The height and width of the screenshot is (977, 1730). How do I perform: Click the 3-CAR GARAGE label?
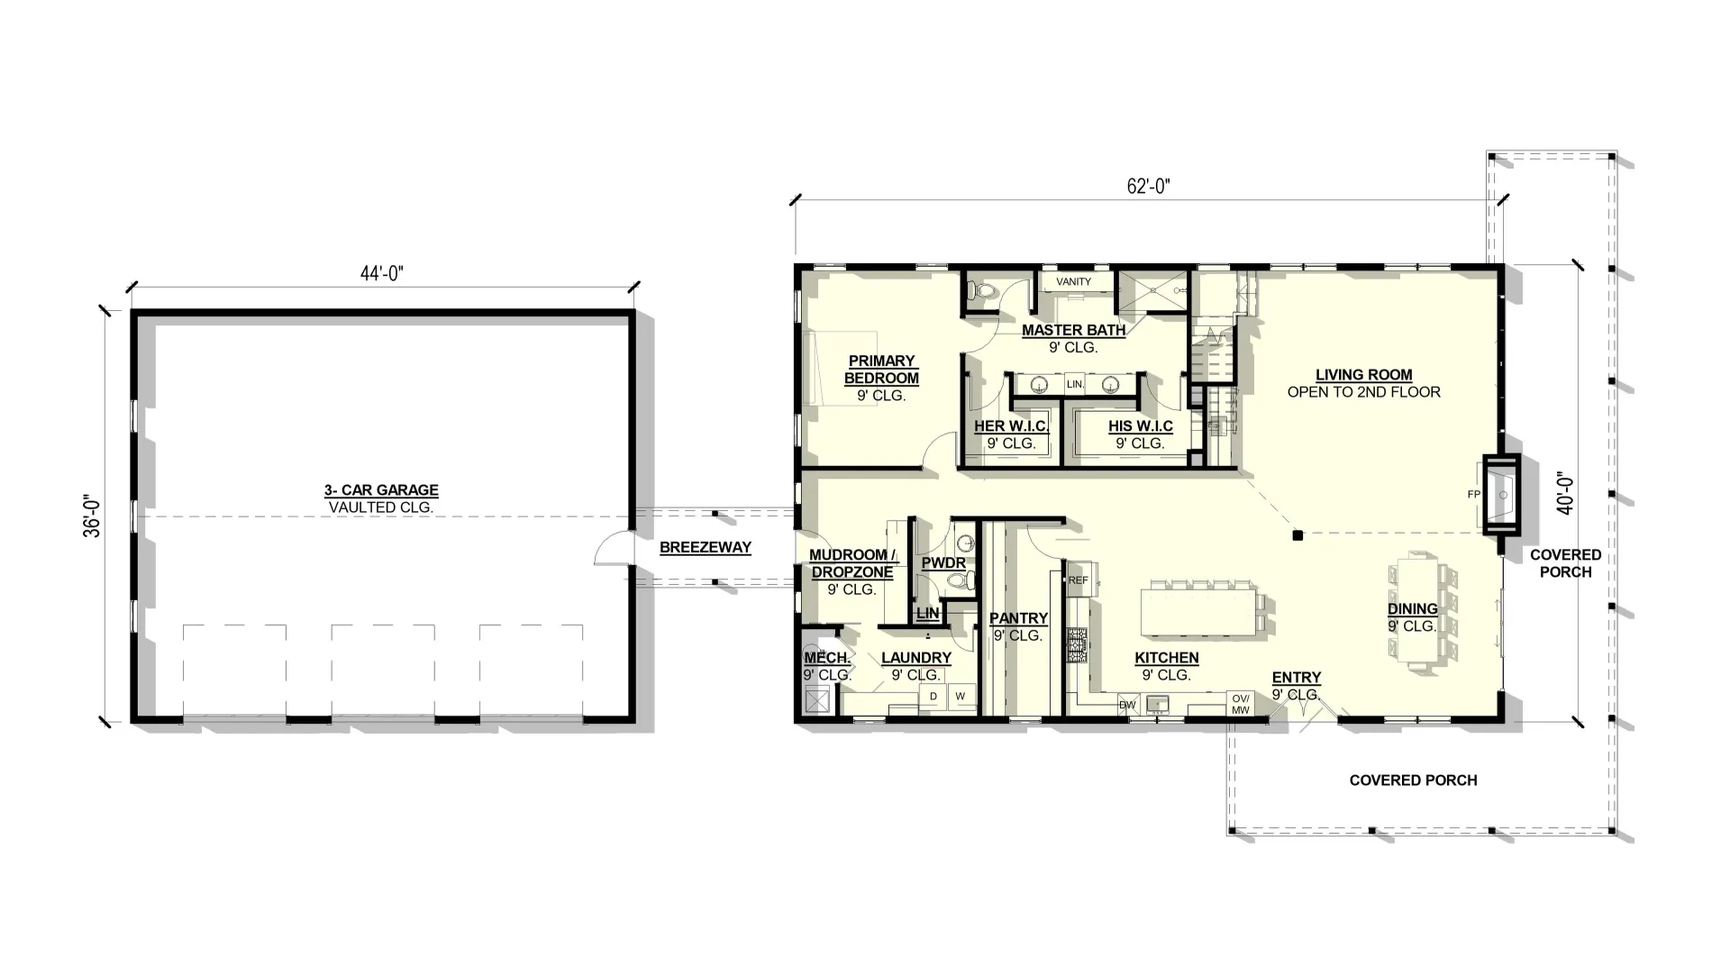click(381, 490)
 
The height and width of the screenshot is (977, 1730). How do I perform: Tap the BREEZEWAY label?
click(705, 547)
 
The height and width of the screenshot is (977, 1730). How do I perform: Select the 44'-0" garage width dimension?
click(381, 273)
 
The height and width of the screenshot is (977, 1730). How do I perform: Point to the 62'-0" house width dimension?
click(1148, 187)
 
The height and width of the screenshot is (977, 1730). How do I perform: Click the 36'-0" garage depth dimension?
click(92, 516)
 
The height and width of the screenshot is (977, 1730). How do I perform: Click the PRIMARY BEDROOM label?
click(881, 370)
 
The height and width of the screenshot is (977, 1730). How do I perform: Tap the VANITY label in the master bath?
click(1073, 282)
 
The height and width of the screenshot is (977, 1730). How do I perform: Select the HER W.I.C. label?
click(1011, 426)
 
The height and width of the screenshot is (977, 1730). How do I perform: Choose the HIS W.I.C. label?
click(1141, 426)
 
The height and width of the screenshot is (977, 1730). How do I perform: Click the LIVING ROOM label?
click(1363, 375)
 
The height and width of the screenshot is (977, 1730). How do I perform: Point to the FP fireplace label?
click(1474, 495)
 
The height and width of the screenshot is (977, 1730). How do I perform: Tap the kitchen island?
click(1197, 609)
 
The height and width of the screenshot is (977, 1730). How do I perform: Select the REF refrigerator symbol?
click(1078, 580)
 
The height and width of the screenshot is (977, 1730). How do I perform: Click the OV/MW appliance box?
click(1241, 704)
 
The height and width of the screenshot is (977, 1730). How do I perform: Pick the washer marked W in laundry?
click(961, 696)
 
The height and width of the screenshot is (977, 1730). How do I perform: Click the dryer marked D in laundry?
click(933, 696)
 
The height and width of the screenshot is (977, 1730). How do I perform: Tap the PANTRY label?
click(1018, 618)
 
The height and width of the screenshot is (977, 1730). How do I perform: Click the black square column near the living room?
click(1297, 535)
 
